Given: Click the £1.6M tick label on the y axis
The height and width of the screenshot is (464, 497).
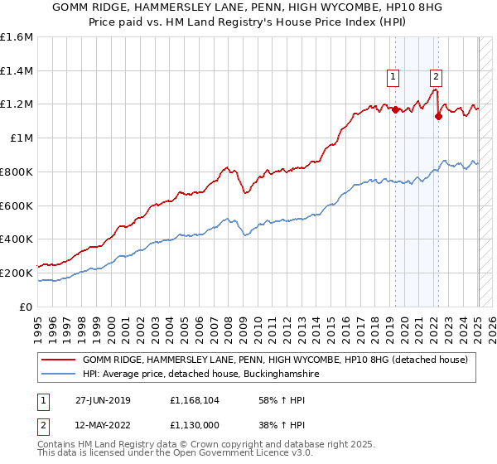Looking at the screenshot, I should (x=17, y=37).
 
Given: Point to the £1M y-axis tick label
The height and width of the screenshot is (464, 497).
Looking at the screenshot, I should (x=21, y=138).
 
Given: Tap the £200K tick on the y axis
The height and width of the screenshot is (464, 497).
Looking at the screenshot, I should (x=17, y=272).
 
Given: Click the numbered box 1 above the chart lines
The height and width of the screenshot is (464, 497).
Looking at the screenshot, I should (x=393, y=77).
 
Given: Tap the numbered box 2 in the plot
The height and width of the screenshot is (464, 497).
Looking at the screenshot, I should (x=436, y=77).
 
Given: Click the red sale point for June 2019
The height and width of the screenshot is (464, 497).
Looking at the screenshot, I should (x=395, y=109).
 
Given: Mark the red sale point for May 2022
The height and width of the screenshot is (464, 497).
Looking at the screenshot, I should (x=438, y=116).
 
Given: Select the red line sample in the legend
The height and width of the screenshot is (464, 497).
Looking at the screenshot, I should (x=58, y=360).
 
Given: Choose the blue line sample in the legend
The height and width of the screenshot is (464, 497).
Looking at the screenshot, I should (x=58, y=375).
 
